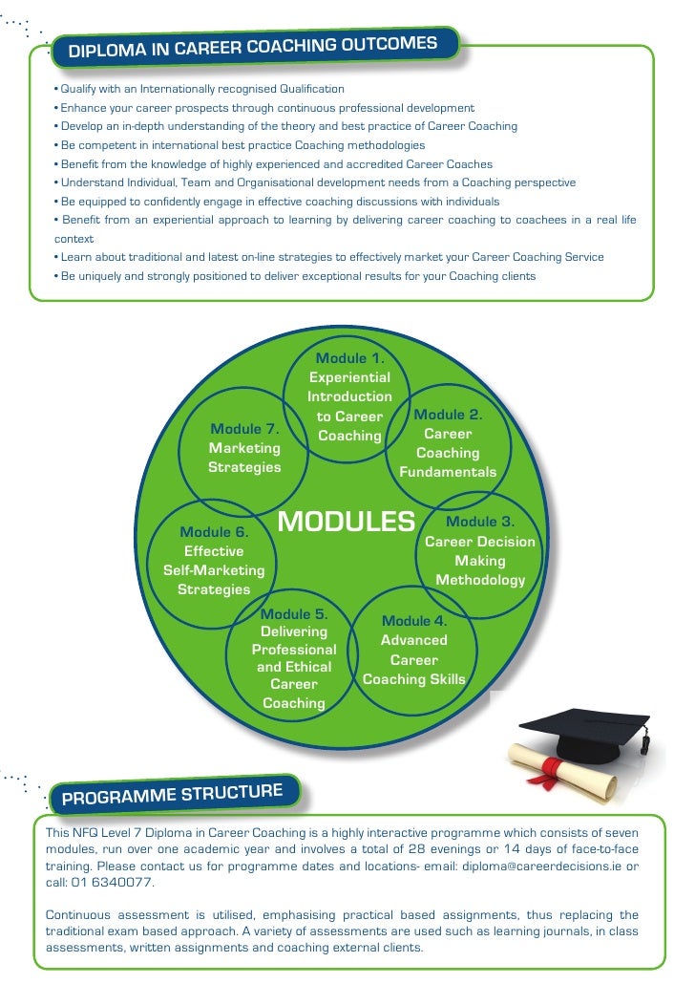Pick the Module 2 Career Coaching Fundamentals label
(448, 443)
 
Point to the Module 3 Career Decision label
(480, 550)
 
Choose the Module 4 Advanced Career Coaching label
(414, 650)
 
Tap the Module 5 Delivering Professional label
(294, 658)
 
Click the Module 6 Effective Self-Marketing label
(214, 560)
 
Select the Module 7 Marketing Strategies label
(245, 448)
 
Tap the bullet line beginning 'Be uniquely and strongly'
(296, 276)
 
